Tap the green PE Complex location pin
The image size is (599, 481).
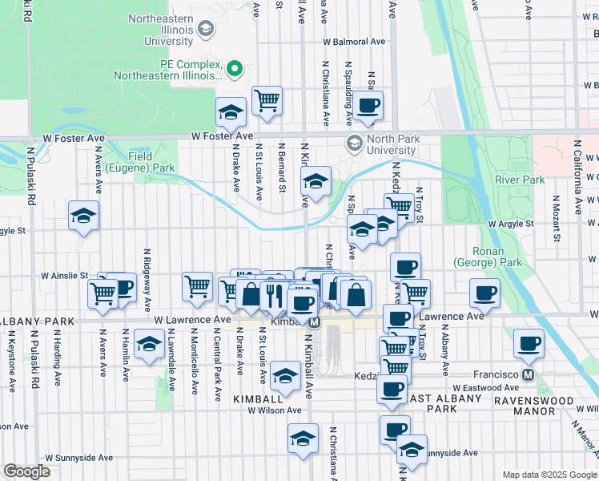pyautogui.click(x=235, y=69)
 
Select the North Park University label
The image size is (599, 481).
pyautogui.click(x=392, y=144)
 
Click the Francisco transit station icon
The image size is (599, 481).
pyautogui.click(x=528, y=374)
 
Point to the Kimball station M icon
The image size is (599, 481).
pyautogui.click(x=316, y=321)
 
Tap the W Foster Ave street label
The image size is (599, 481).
pyautogui.click(x=222, y=137)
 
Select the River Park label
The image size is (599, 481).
pyautogui.click(x=520, y=180)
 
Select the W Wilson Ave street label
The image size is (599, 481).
pyautogui.click(x=274, y=410)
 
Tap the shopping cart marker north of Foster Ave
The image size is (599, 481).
pyautogui.click(x=267, y=101)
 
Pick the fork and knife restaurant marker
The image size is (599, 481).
pyautogui.click(x=274, y=294)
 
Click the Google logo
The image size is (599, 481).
pyautogui.click(x=26, y=471)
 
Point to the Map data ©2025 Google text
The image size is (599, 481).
pyautogui.click(x=549, y=475)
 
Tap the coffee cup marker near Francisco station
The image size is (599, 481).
pyautogui.click(x=528, y=343)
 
